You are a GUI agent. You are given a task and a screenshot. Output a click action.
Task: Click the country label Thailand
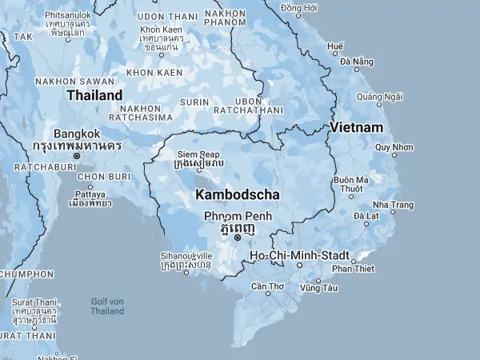tap(94, 95)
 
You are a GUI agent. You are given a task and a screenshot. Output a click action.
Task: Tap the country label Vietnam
tap(357, 127)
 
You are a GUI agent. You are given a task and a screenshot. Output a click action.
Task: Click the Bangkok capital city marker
tap(77, 156)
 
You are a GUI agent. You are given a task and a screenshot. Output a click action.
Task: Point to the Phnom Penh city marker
tap(238, 238)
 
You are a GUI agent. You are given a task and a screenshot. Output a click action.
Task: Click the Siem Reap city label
tap(198, 154)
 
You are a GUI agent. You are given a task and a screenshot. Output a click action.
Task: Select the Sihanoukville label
tap(186, 256)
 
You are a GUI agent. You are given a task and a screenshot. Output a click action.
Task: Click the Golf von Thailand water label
tap(107, 306)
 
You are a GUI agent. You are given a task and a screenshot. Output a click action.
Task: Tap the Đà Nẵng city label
tap(357, 62)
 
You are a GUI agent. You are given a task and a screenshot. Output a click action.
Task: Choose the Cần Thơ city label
tap(267, 286)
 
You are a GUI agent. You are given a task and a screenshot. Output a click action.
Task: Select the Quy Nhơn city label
tap(394, 146)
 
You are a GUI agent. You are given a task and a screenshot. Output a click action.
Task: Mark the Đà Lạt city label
tap(366, 216)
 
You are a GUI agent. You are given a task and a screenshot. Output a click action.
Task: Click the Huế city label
tap(336, 47)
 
